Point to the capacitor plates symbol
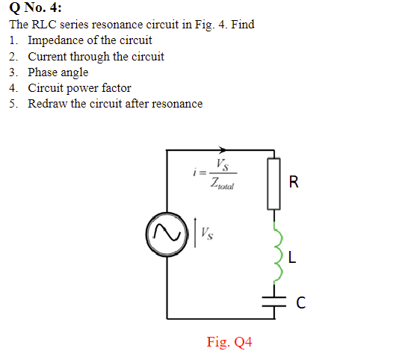[274, 301]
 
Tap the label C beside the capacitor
[300, 302]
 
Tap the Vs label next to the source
[205, 235]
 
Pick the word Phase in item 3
[43, 72]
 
